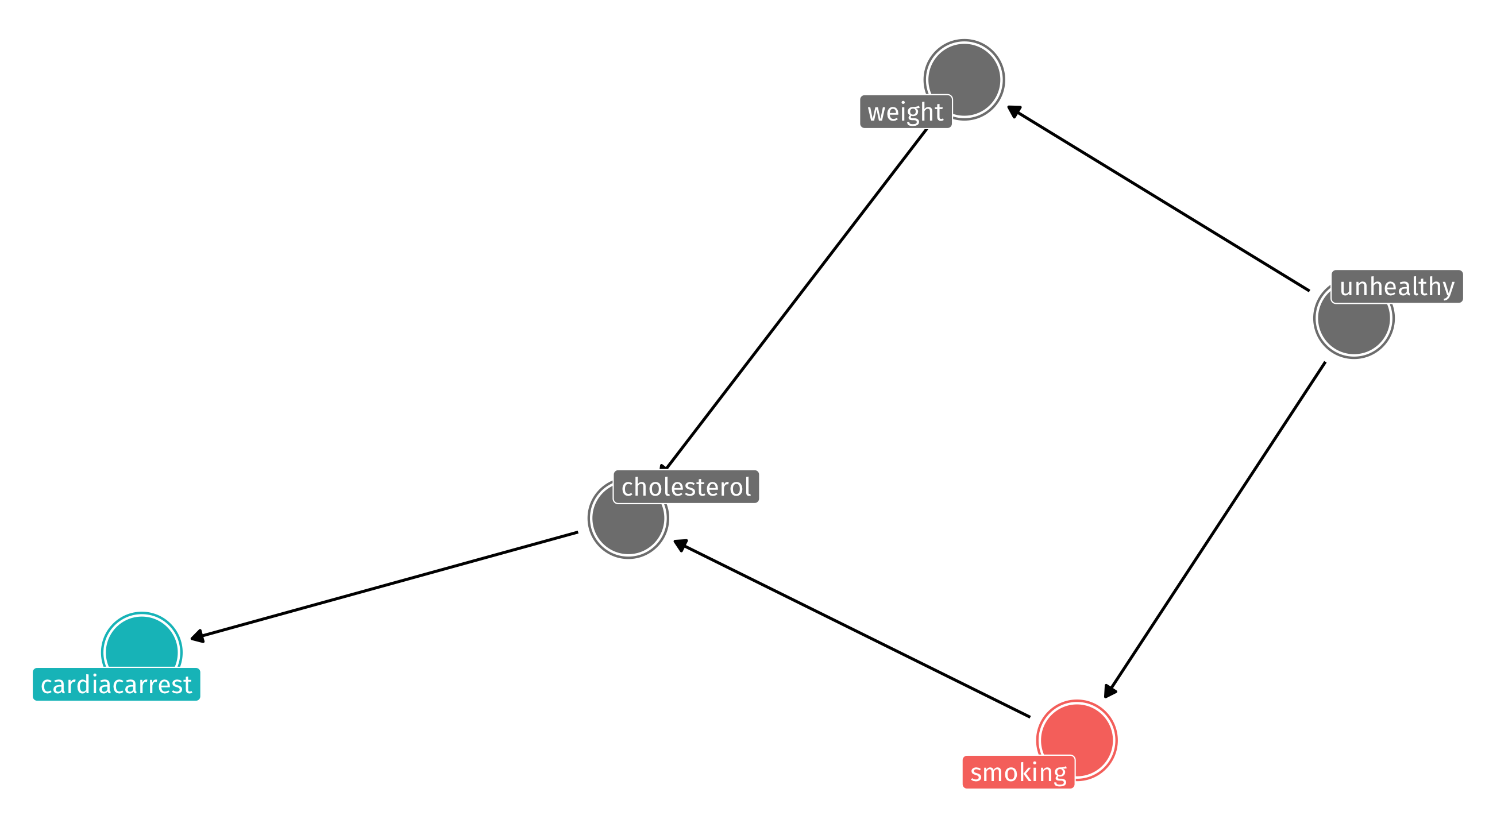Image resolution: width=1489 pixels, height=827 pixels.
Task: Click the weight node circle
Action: (x=964, y=80)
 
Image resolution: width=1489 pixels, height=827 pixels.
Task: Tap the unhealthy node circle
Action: (x=1354, y=318)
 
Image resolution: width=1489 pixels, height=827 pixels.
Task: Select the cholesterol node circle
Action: (x=628, y=518)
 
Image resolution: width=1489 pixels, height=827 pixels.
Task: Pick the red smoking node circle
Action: (x=1077, y=740)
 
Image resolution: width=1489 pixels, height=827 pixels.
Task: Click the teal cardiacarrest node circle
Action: (x=142, y=652)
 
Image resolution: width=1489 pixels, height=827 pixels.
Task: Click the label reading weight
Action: (x=906, y=111)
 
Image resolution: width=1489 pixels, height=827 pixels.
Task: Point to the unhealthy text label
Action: (x=1397, y=286)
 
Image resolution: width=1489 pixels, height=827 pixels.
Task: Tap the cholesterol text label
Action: (x=686, y=486)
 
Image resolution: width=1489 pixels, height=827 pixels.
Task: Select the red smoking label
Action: (x=1019, y=772)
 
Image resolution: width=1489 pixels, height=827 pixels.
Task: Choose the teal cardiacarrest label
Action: (x=116, y=684)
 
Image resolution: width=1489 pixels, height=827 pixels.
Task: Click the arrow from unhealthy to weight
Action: (x=1158, y=198)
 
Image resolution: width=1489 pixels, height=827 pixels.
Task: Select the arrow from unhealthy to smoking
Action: (x=1214, y=530)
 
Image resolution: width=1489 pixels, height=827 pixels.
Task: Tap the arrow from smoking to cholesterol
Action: (x=852, y=629)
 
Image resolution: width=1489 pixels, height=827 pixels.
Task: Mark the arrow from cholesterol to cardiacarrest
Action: (x=384, y=586)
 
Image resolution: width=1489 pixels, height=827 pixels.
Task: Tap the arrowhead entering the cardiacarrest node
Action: (x=197, y=637)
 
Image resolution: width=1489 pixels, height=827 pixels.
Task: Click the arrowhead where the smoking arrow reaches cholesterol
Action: (x=680, y=544)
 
